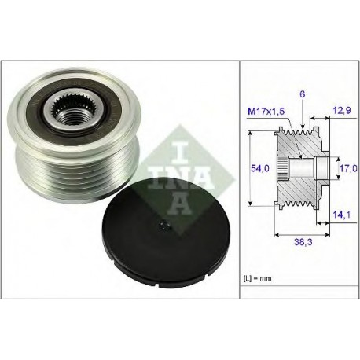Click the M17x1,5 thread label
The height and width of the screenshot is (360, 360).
tap(266, 112)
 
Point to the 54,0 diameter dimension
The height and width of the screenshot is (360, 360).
tap(260, 168)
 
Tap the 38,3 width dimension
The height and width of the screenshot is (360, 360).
tap(303, 242)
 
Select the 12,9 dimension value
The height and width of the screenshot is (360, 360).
tap(342, 110)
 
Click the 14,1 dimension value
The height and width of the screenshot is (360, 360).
tap(341, 215)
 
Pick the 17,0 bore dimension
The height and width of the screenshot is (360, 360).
tap(348, 168)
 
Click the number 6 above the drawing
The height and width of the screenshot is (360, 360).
tap(303, 94)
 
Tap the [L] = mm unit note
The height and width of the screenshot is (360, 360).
tap(258, 278)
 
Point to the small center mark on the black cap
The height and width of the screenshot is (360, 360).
tap(164, 226)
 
